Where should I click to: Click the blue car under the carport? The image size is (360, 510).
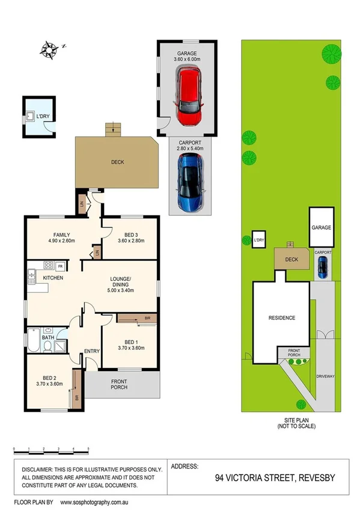coord(190,182)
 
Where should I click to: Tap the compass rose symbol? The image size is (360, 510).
coord(50,46)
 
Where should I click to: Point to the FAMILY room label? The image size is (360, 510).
coord(62,235)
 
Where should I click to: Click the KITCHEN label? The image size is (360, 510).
coord(53,278)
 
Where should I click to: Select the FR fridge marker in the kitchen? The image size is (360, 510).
coord(60,265)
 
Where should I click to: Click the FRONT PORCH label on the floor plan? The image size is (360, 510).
coord(123,384)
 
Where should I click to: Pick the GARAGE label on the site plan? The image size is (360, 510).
coord(322,228)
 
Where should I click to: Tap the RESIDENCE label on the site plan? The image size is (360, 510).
coord(281,318)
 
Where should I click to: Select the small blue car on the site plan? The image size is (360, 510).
coord(323,267)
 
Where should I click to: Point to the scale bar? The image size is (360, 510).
coord(51,449)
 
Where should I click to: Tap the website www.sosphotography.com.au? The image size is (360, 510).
coord(99,502)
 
